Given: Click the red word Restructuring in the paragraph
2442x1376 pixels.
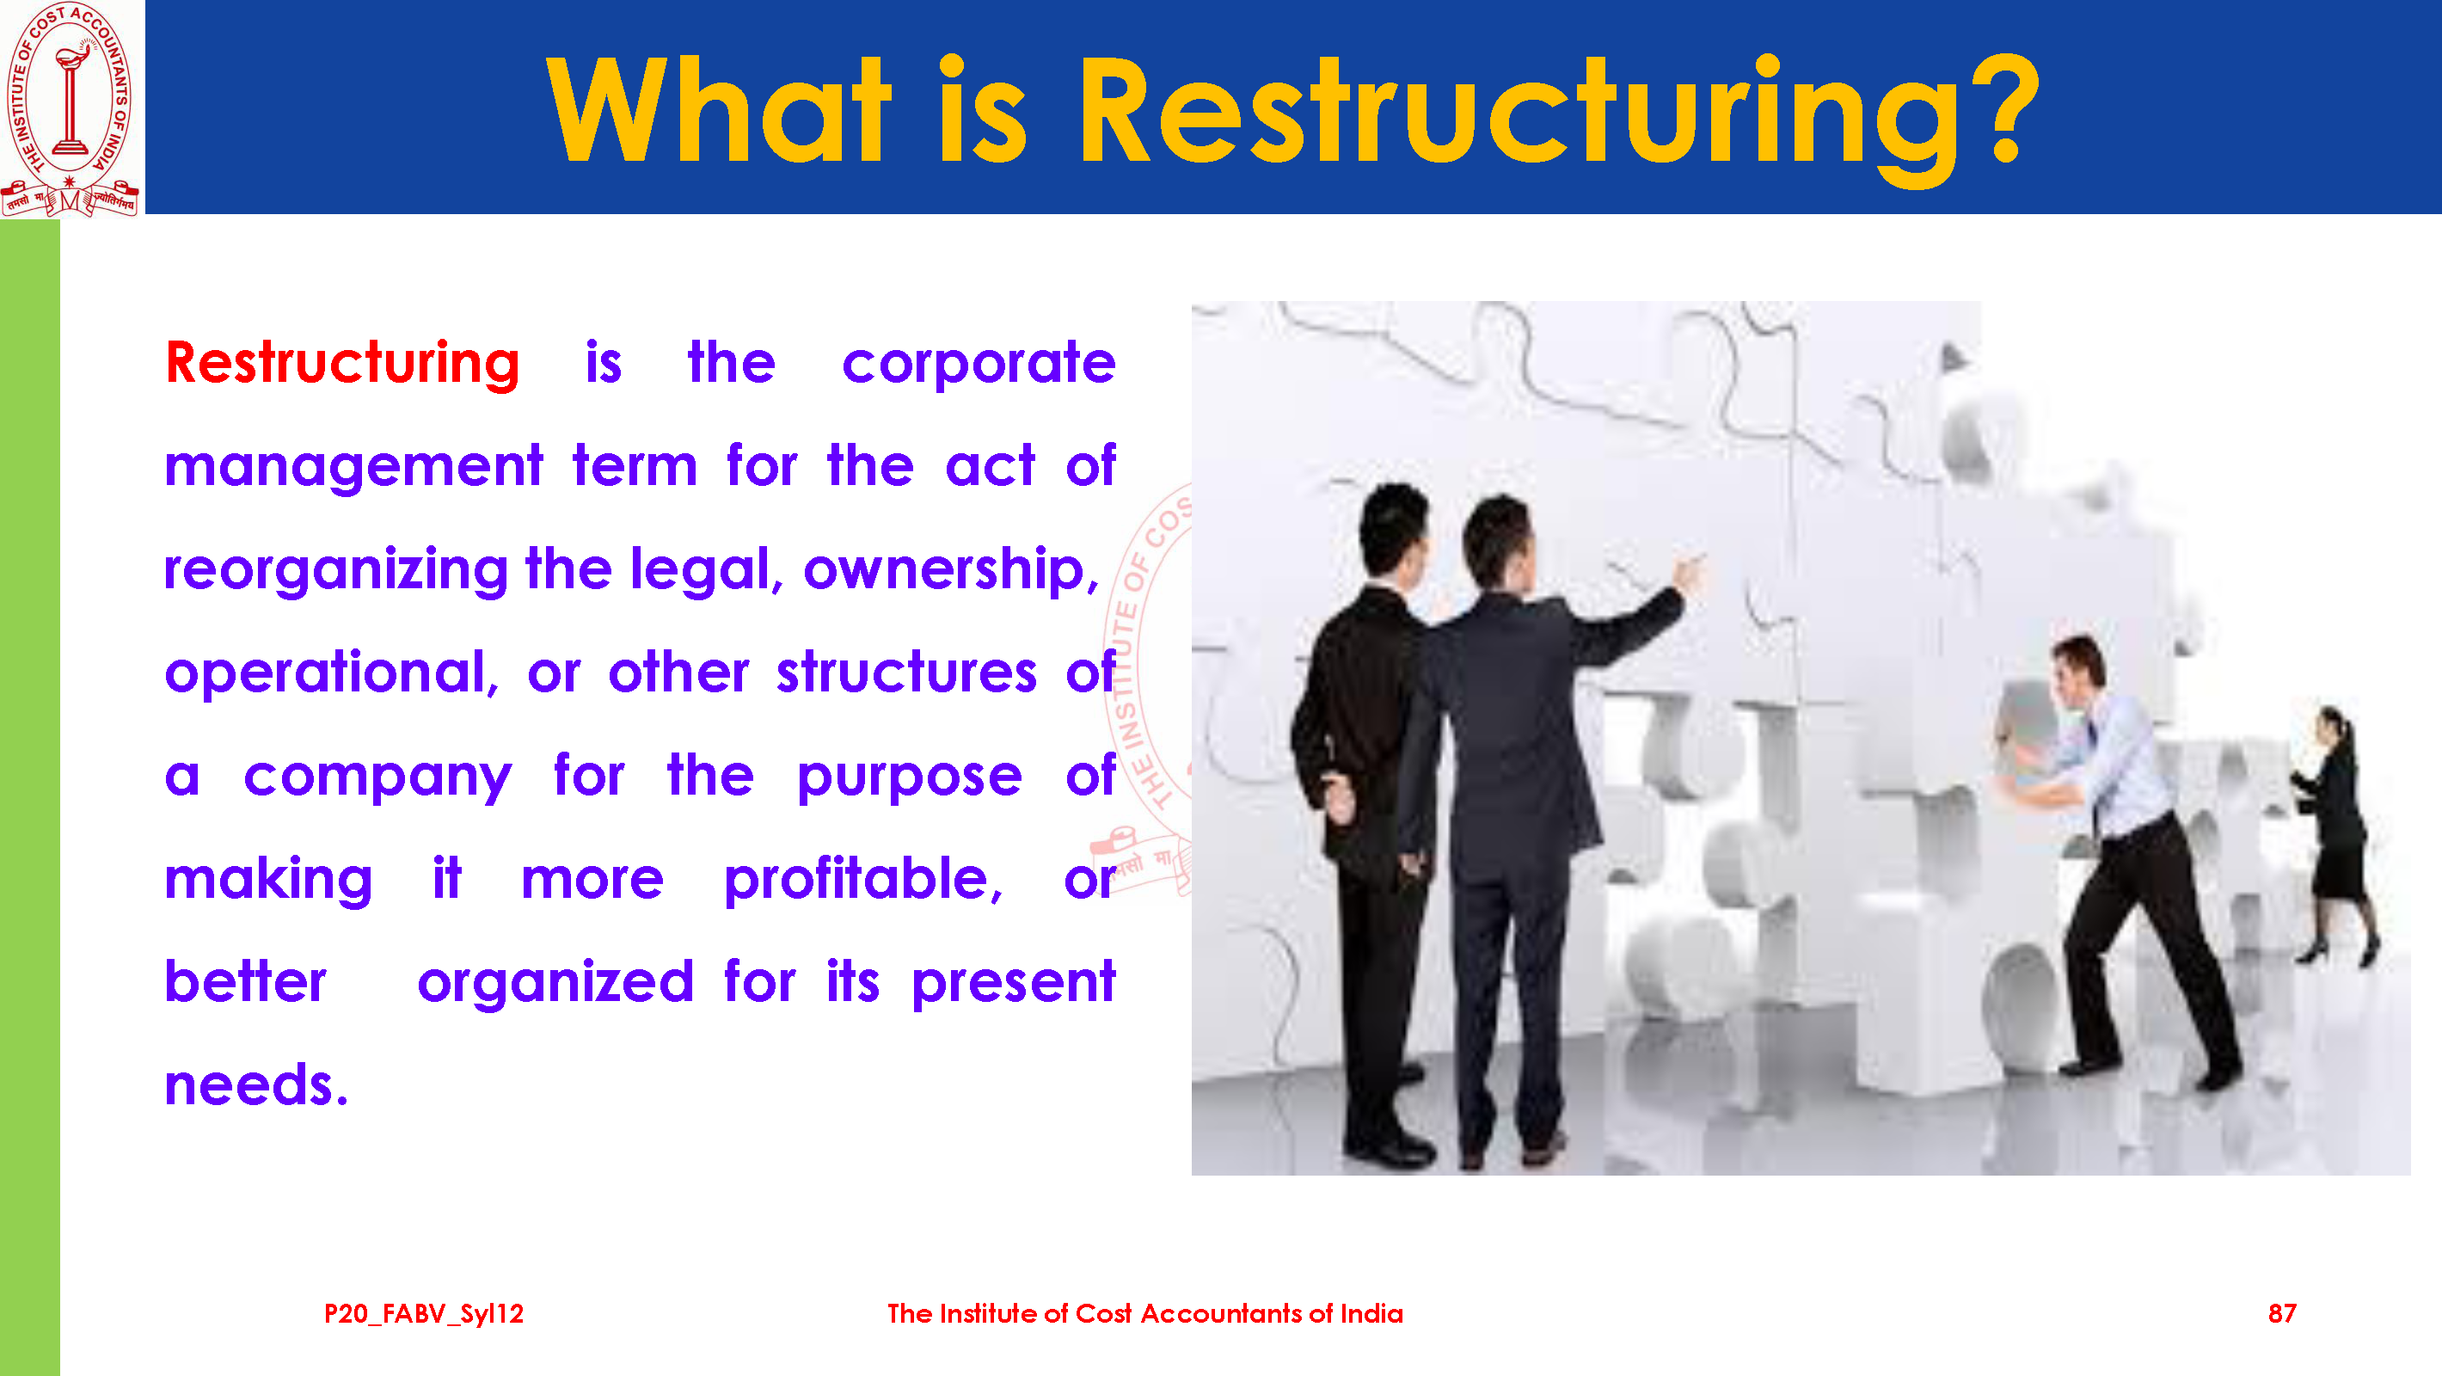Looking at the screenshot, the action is point(342,363).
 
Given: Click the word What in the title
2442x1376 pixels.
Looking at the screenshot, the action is point(720,109).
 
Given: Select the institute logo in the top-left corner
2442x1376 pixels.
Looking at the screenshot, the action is point(71,108).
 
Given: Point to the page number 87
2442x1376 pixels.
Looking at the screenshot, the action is point(2282,1313).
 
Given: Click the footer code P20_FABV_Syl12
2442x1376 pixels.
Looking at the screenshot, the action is point(424,1314).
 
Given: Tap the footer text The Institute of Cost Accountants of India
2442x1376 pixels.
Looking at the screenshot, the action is point(1145,1313).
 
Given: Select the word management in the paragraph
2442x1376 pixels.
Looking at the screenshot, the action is point(353,468).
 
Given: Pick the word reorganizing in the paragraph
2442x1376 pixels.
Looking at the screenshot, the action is point(336,571).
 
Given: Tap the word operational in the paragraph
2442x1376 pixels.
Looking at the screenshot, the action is point(331,674).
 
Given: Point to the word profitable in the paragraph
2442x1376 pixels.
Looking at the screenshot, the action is point(862,879).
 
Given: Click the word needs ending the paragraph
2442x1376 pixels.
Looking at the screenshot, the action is point(256,1086).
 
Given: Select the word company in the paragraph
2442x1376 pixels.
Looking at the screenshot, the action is point(378,777).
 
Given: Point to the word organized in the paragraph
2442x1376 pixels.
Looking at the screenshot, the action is point(555,983).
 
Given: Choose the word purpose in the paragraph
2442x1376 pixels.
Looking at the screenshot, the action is point(909,777).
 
